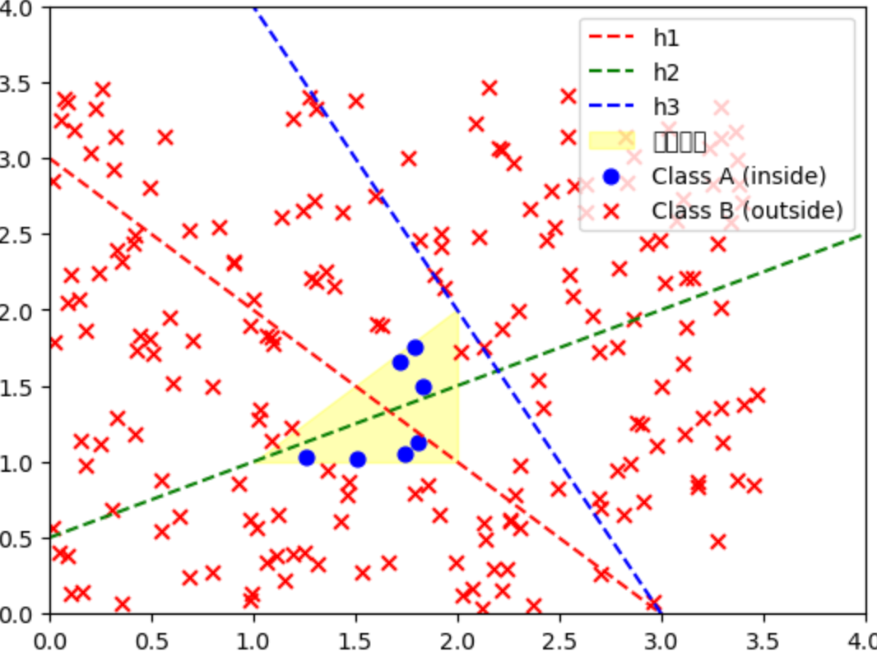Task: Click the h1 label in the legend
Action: [666, 38]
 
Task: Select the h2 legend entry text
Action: [666, 72]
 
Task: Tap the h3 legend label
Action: [666, 107]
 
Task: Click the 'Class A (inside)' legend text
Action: [739, 176]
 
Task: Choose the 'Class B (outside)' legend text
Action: [747, 210]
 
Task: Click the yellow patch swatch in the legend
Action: [612, 141]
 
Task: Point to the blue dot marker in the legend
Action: [611, 176]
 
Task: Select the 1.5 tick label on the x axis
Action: [355, 637]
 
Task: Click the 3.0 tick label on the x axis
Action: [661, 637]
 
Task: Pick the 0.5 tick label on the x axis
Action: [152, 637]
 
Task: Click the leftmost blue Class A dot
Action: [307, 458]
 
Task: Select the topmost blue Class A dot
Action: [415, 348]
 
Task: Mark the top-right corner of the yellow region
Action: [458, 312]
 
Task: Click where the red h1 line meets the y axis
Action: [51, 159]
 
